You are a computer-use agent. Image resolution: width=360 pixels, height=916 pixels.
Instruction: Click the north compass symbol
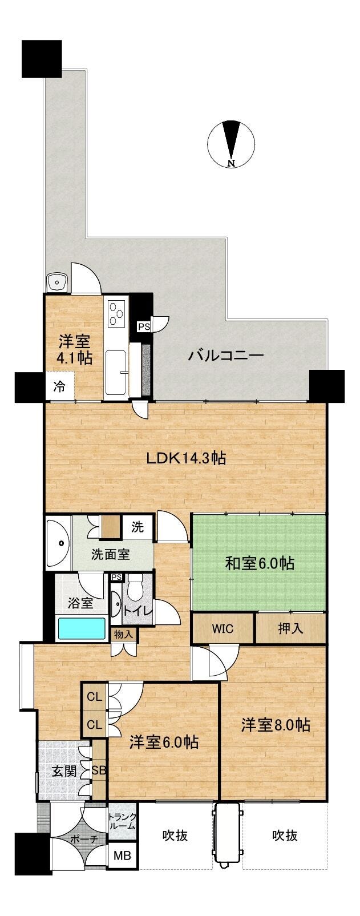click(231, 143)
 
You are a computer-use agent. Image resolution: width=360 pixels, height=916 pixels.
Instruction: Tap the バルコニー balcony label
click(225, 355)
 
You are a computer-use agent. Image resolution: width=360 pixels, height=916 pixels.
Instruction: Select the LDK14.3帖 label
click(186, 458)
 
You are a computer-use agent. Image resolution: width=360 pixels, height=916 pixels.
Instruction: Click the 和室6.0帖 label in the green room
click(260, 563)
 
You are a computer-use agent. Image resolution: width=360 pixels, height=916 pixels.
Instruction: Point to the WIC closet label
click(223, 628)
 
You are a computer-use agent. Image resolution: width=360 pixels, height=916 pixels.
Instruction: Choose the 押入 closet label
click(290, 628)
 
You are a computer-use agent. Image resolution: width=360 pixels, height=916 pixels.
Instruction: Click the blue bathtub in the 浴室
click(82, 628)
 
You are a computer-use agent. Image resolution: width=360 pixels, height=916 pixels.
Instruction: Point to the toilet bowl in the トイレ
click(134, 588)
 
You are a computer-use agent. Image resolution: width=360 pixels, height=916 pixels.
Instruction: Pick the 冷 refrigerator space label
click(60, 386)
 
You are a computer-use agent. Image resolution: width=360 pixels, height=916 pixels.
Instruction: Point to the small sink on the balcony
click(58, 281)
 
